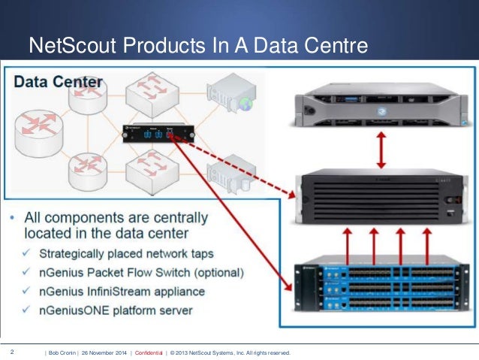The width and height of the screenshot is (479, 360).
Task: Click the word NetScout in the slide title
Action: tap(62, 47)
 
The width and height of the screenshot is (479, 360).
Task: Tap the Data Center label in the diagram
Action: tap(59, 81)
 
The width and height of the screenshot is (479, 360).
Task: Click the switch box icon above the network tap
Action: tap(152, 92)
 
